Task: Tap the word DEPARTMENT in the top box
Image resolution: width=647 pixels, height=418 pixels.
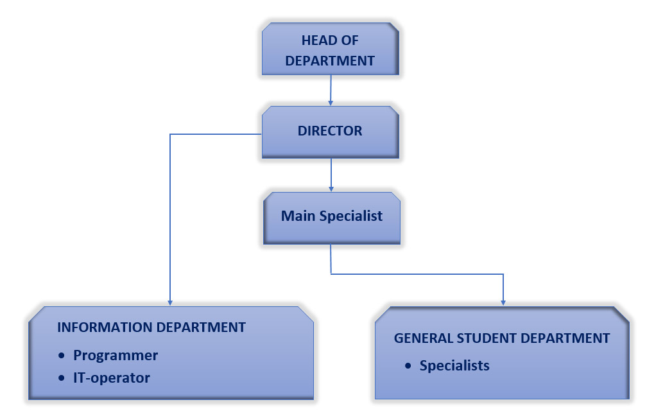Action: (x=330, y=61)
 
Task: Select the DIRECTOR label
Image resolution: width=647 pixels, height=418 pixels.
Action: (x=330, y=131)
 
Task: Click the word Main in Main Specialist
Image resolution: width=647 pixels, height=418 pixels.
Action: (x=298, y=216)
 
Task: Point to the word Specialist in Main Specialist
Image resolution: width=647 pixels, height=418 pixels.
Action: (x=350, y=216)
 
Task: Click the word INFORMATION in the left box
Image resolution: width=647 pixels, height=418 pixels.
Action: (x=105, y=327)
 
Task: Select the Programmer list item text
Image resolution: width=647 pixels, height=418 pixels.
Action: (x=116, y=356)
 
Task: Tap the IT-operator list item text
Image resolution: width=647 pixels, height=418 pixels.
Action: (x=112, y=378)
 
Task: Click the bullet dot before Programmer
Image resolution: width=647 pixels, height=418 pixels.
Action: (x=62, y=355)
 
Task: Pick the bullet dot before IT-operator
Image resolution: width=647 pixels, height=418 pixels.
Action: (x=62, y=378)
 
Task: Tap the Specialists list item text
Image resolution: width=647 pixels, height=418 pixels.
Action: (x=454, y=366)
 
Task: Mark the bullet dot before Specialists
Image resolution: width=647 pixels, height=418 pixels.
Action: (x=408, y=365)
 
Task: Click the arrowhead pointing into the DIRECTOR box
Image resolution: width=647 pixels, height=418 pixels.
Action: (x=330, y=102)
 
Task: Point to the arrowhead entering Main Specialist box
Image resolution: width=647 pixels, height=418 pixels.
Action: (x=331, y=189)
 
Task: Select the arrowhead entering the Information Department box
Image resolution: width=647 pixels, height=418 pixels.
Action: (x=170, y=302)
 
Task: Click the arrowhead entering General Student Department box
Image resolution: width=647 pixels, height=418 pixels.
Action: (x=503, y=302)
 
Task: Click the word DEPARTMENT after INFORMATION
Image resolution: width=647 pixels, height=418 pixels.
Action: (x=201, y=327)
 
